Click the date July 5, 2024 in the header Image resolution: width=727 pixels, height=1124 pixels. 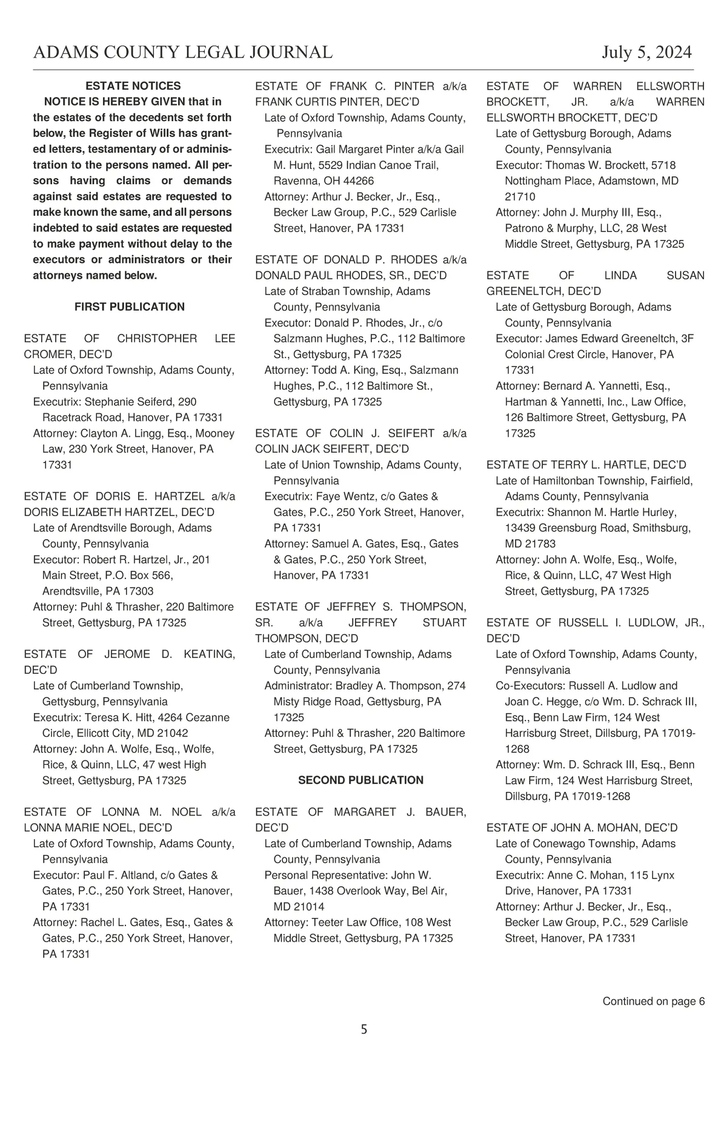[x=646, y=53]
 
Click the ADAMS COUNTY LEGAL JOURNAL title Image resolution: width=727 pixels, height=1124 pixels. [x=183, y=53]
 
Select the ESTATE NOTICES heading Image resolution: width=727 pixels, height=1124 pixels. [x=133, y=86]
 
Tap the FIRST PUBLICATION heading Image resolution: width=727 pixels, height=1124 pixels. [x=130, y=307]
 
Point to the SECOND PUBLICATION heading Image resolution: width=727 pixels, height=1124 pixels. [x=360, y=780]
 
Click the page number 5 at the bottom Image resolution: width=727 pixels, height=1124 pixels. [x=363, y=1029]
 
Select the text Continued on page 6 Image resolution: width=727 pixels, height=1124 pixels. [x=653, y=1001]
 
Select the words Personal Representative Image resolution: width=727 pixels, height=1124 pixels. [x=325, y=875]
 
